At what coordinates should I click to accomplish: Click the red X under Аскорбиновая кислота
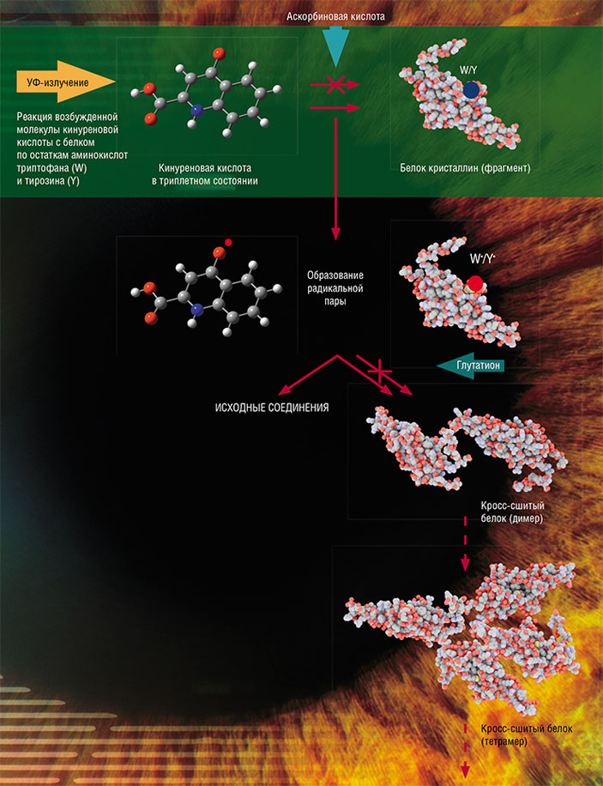click(335, 85)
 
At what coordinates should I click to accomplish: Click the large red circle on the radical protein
click(476, 283)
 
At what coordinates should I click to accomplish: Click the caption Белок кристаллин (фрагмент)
click(459, 168)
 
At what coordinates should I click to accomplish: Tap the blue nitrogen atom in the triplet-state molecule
click(196, 110)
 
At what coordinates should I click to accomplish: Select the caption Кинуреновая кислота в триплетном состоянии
click(209, 174)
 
